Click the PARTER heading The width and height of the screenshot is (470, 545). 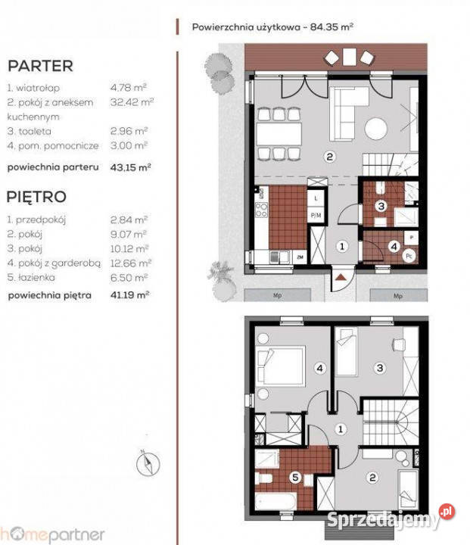pos(40,65)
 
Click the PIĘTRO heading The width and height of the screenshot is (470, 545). pos(36,197)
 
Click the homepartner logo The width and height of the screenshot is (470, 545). pos(52,534)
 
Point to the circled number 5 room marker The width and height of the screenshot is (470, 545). pos(296,478)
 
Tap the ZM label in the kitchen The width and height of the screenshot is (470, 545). pos(300,257)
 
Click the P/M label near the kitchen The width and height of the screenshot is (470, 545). pos(315,215)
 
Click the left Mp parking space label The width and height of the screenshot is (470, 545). pos(279,295)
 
